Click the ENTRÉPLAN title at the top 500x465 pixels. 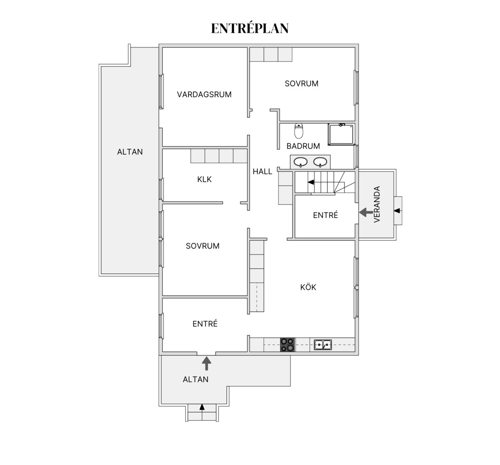250,28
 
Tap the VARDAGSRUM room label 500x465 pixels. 204,94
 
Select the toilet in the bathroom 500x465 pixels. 299,130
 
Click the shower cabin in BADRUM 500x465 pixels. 342,134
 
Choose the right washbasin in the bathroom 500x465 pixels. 320,162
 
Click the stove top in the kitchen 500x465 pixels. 288,344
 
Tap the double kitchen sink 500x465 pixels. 323,344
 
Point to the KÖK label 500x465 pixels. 308,287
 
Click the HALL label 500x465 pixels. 262,171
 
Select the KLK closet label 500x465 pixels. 205,180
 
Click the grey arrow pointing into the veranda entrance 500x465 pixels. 366,212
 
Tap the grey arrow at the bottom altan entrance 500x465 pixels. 207,363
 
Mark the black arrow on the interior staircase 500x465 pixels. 311,182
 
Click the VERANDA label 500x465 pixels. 377,204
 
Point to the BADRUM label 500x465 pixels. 303,146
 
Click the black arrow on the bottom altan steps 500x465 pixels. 202,407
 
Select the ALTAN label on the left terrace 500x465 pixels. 130,152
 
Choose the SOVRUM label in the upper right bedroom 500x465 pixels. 301,84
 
